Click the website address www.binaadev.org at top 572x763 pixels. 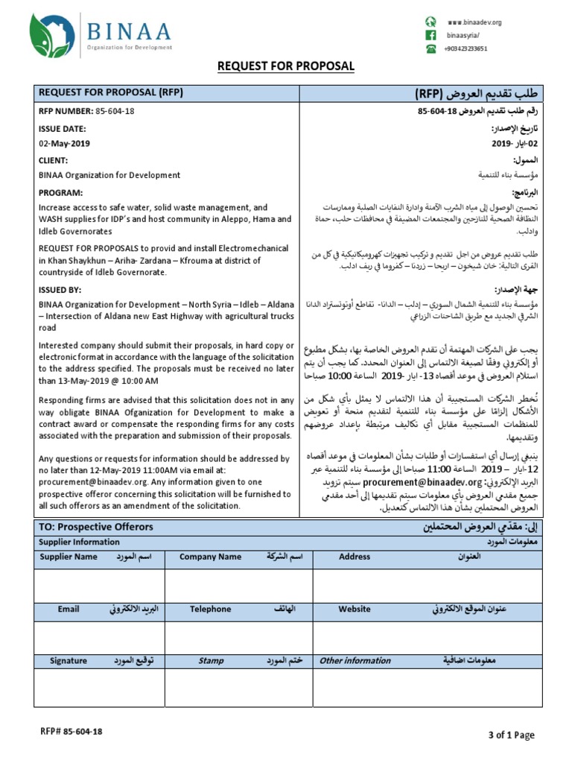tap(474, 22)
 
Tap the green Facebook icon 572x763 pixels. tap(430, 35)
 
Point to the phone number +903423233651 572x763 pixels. tap(468, 48)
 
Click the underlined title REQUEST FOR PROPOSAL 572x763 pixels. tap(285, 67)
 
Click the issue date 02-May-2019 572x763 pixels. tap(64, 143)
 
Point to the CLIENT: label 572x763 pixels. tap(54, 159)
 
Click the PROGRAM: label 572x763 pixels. tap(60, 192)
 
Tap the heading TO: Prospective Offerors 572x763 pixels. tap(95, 527)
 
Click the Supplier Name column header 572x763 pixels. tap(69, 557)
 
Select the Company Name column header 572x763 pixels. tap(215, 557)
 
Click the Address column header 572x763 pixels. tap(355, 557)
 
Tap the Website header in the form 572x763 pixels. tap(355, 609)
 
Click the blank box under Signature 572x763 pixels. tap(100, 687)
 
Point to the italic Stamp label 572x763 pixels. tap(211, 660)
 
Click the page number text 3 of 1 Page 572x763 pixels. tap(510, 735)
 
